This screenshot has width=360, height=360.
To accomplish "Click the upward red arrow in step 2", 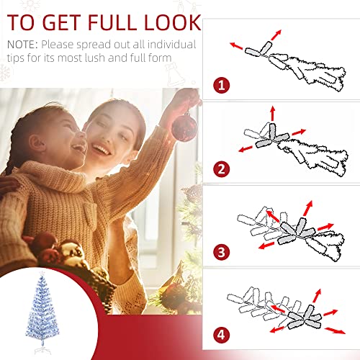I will tap(272, 114).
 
